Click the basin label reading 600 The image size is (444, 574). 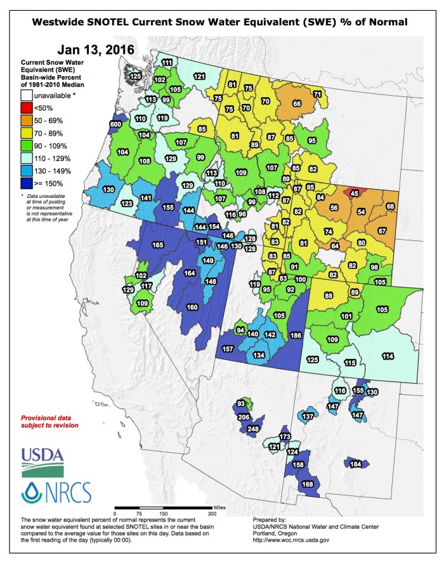[115, 124]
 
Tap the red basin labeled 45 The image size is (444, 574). [355, 193]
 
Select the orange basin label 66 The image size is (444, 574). [296, 103]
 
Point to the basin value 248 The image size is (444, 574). [253, 429]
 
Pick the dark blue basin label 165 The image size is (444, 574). [158, 245]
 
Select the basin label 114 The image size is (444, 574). [388, 357]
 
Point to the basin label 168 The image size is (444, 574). [308, 485]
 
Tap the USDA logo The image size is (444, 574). [42, 461]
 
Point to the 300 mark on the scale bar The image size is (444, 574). [211, 513]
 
